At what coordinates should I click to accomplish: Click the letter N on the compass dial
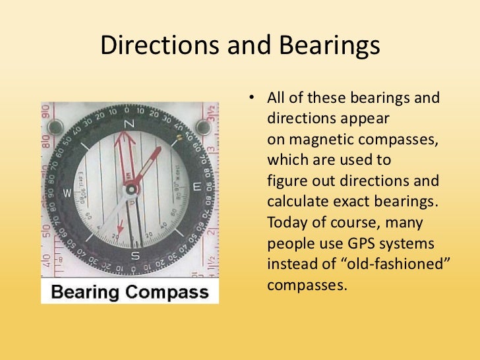tap(129, 125)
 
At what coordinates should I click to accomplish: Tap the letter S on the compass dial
tap(135, 256)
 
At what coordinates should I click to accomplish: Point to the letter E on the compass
tap(197, 187)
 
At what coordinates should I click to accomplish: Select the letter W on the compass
tap(67, 193)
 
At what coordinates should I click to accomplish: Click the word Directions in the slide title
tap(156, 45)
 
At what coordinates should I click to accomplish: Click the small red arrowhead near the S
tap(119, 231)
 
